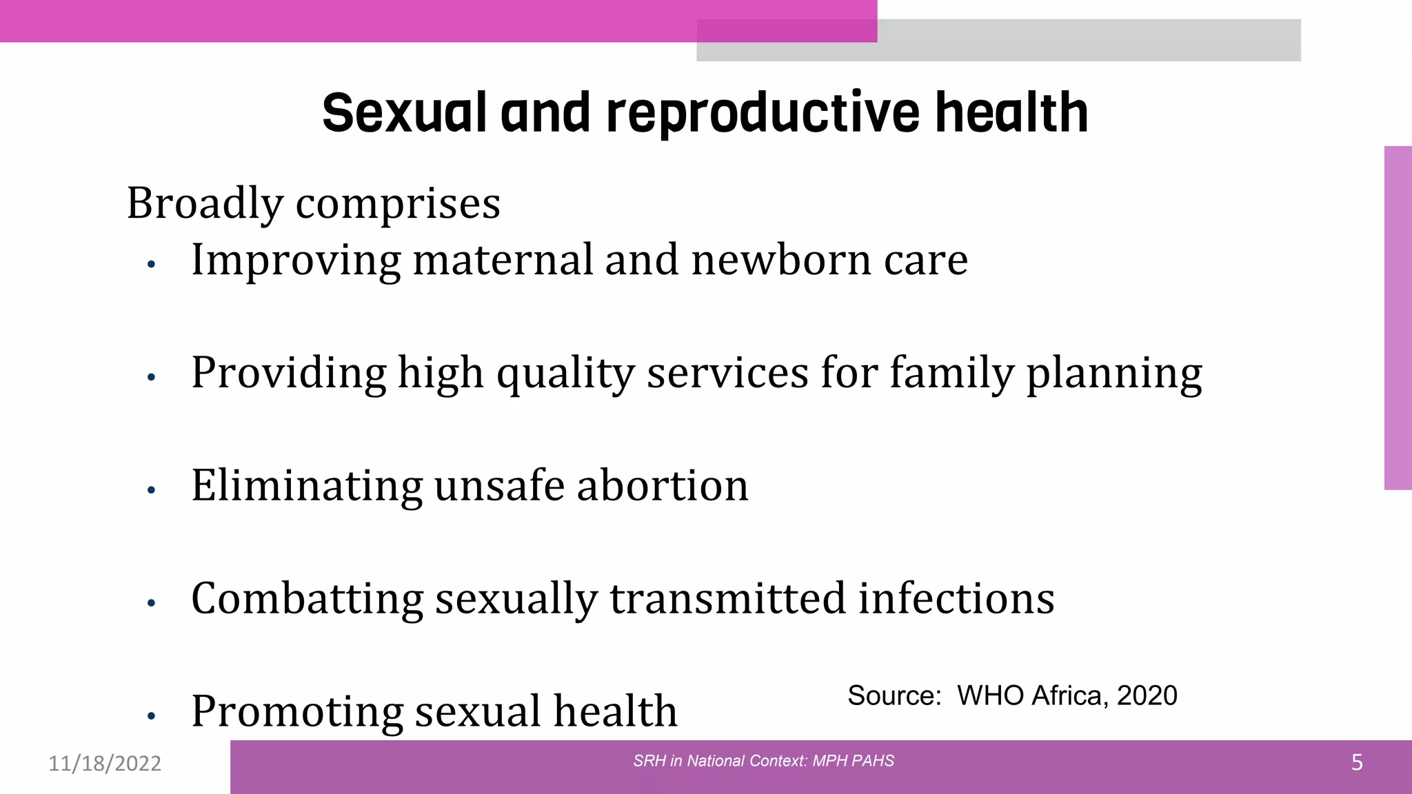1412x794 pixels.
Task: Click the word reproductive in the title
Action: click(x=763, y=114)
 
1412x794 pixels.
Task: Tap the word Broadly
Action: click(x=205, y=204)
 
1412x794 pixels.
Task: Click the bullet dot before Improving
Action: click(x=152, y=264)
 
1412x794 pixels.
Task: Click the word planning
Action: click(x=1114, y=374)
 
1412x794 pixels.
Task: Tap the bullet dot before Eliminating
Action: click(x=152, y=490)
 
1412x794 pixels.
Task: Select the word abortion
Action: click(x=662, y=486)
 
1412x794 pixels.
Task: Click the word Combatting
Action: click(x=307, y=599)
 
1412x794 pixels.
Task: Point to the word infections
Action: click(x=956, y=598)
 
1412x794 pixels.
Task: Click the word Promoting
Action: click(x=296, y=712)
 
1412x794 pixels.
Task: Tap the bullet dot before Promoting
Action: click(x=152, y=716)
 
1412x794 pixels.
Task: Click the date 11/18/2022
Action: click(x=105, y=764)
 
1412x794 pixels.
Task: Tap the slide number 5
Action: click(x=1356, y=763)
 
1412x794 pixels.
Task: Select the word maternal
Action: click(x=503, y=261)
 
